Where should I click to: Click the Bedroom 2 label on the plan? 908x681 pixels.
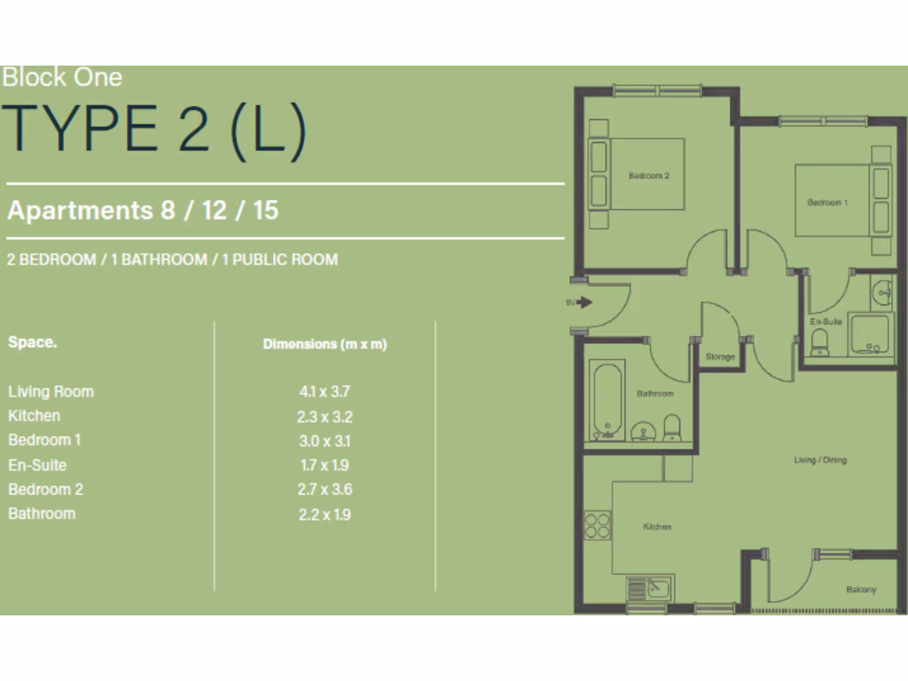point(648,176)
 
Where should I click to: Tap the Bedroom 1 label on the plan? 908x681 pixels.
point(826,202)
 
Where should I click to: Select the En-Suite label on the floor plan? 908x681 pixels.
point(826,321)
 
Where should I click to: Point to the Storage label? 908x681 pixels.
point(720,356)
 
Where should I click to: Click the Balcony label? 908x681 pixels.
point(860,590)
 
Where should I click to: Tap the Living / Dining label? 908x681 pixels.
point(819,460)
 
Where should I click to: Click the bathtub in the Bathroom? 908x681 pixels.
point(607,400)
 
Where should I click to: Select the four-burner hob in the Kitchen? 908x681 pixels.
point(597,526)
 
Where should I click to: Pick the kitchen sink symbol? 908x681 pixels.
point(650,589)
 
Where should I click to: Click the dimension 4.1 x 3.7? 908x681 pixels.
point(319,391)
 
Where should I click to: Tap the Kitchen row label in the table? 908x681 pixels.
point(35,415)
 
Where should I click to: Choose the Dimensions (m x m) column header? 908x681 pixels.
point(325,344)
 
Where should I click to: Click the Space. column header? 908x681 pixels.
point(32,341)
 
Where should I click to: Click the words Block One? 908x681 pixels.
point(61,77)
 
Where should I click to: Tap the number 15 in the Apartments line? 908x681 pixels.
point(265,210)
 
